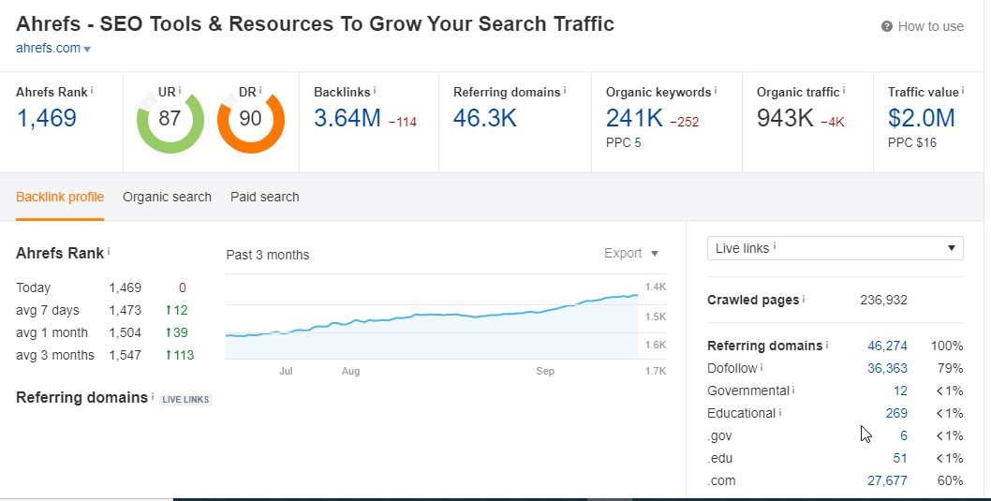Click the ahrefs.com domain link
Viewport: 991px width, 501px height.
pos(49,48)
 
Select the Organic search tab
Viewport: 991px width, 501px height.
pos(167,197)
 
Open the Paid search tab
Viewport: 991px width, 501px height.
pos(265,197)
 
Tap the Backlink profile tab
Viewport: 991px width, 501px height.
pos(60,197)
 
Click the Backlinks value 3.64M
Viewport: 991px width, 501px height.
pos(347,118)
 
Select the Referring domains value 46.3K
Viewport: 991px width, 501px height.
pos(484,118)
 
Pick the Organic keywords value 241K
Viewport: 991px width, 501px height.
pos(634,118)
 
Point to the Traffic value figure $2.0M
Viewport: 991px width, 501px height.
pos(921,118)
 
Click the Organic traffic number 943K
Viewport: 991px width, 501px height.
pos(786,118)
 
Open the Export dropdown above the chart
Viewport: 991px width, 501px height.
pos(631,253)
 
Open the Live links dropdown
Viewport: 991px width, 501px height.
pos(835,248)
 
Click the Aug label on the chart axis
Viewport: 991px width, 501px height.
pos(350,372)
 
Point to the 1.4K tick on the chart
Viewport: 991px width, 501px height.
pos(656,287)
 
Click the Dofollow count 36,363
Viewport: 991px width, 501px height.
pos(887,368)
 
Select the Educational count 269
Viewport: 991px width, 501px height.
pos(896,413)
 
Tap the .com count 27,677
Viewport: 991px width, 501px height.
pos(887,480)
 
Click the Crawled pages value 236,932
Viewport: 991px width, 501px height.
pos(883,300)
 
